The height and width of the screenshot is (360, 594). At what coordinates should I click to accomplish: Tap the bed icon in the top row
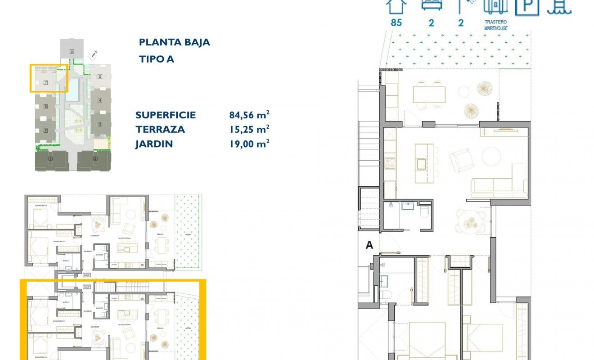tap(432, 4)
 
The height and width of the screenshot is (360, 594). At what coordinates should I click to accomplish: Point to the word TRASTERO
tap(496, 22)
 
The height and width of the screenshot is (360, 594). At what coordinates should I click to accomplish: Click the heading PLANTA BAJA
tap(175, 42)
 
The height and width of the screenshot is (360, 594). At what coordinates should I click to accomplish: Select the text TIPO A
tap(157, 59)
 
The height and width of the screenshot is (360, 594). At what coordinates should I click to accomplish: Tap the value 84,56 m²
tap(249, 115)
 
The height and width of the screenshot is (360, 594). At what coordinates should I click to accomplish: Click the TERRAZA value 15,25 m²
tap(249, 129)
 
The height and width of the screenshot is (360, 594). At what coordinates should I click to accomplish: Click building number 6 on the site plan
tap(72, 51)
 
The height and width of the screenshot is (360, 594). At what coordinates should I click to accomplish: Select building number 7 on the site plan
tap(45, 83)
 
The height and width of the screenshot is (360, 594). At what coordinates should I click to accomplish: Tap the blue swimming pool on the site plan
tap(72, 90)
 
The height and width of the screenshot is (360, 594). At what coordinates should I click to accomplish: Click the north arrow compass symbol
tap(94, 55)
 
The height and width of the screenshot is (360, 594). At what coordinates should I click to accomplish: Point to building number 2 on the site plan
tap(95, 158)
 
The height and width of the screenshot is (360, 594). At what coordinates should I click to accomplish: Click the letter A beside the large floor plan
tap(369, 245)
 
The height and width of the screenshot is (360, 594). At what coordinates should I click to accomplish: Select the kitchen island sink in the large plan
tap(422, 164)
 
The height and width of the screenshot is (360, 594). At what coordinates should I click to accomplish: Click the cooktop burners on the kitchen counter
tap(389, 163)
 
